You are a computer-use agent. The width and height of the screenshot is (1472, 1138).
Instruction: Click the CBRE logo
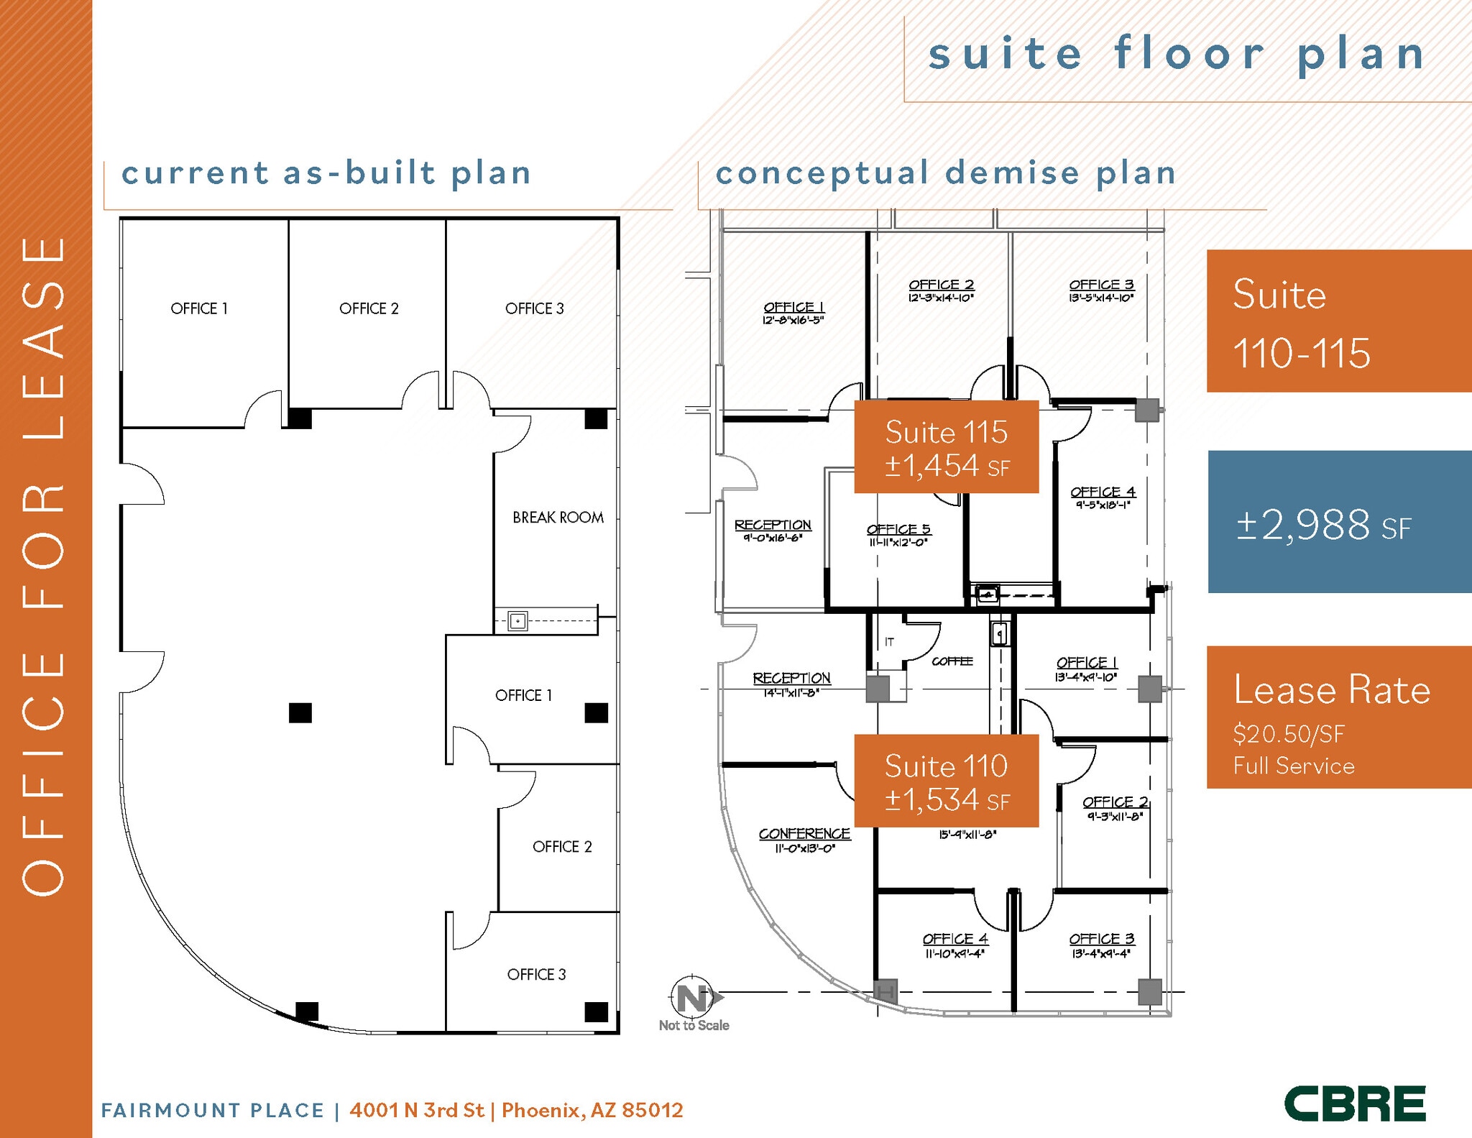[1354, 1103]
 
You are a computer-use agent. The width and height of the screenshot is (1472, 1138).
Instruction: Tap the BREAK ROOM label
[558, 518]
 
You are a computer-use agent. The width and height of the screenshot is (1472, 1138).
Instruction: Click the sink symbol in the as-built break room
[517, 620]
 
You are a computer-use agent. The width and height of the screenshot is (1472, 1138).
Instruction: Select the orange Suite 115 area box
[946, 447]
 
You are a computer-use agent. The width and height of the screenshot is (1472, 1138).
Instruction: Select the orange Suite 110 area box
[946, 781]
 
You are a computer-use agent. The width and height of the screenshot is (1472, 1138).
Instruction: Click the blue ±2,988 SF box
[1339, 523]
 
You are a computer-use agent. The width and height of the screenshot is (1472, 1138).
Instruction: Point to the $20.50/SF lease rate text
[1288, 734]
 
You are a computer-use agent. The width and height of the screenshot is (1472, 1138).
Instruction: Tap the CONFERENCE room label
[804, 834]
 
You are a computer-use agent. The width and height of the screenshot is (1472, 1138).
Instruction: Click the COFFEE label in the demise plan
[952, 661]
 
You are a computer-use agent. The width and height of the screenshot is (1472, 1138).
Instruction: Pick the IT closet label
[890, 642]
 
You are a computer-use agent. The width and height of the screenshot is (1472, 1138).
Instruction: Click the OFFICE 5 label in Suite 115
[898, 530]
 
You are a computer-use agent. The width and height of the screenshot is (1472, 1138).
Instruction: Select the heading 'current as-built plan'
[326, 173]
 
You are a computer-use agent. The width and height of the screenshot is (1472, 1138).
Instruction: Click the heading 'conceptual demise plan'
[945, 173]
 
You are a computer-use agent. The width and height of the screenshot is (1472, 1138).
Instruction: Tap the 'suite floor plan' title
[1177, 55]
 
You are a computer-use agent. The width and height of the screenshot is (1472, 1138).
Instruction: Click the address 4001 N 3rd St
[417, 1110]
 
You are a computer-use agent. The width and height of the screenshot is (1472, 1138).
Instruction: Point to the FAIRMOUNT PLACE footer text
[213, 1111]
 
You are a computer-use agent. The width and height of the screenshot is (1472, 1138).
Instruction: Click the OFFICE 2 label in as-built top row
[369, 308]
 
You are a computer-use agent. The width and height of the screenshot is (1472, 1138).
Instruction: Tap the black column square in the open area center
[300, 712]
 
